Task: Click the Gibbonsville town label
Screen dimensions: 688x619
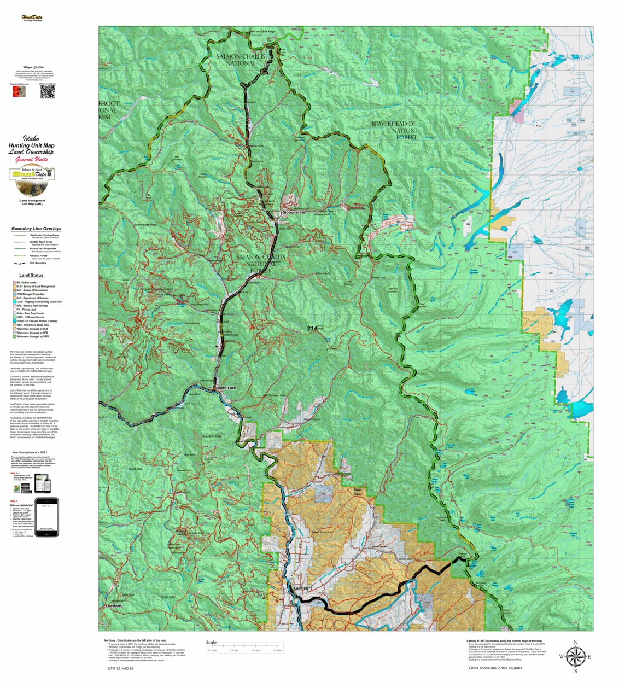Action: tap(294, 212)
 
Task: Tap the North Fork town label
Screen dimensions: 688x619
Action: tap(226, 388)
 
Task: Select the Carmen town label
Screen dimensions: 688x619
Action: tap(301, 588)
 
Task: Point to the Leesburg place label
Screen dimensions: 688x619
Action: tap(114, 606)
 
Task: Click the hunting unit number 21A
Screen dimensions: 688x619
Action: tap(312, 328)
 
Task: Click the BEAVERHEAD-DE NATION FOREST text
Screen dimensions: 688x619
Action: tap(394, 130)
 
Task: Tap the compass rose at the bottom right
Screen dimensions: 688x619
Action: tap(575, 656)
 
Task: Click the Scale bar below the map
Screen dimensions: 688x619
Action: tap(244, 646)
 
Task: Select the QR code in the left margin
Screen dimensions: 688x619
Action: tap(48, 92)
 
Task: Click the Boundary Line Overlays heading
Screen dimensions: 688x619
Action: tap(36, 229)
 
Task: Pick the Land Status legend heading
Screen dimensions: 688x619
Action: tap(31, 275)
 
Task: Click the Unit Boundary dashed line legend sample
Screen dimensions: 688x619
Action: tap(19, 263)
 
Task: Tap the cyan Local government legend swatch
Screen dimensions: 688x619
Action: tap(14, 302)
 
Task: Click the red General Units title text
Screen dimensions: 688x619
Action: tap(31, 160)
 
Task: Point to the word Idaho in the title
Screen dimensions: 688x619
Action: tap(31, 138)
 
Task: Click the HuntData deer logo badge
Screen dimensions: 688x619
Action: tap(32, 180)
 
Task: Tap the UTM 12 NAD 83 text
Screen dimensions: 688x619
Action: tap(120, 668)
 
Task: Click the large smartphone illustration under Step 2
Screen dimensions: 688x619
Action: tap(46, 517)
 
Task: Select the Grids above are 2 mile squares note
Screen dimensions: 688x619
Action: tap(495, 668)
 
